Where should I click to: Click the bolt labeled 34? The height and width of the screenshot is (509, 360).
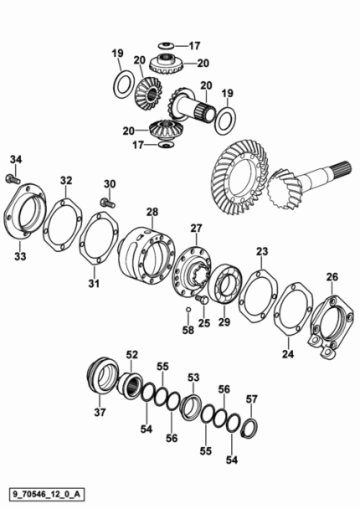pos(13,179)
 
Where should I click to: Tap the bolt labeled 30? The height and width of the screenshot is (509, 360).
pos(108,203)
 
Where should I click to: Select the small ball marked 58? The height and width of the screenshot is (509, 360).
pos(188,310)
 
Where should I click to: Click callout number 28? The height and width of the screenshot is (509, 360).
pos(152,212)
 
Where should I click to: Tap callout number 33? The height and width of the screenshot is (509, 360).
pos(20,256)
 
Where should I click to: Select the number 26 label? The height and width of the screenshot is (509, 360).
pos(332,277)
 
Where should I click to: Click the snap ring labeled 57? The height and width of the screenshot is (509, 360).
pos(250,429)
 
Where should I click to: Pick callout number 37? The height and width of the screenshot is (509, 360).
pos(100,412)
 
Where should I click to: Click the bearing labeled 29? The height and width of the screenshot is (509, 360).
pos(224,284)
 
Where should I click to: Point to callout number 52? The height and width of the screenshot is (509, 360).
pos(132,355)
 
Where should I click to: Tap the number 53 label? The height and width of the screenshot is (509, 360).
pos(193,378)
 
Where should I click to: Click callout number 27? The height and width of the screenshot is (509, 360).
pos(196,229)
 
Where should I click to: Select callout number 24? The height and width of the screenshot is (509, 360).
pos(288,354)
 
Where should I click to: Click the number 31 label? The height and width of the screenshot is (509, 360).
pos(94,284)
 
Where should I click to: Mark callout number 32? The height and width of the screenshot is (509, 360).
pos(66,181)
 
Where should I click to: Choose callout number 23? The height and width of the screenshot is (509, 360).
pos(262,251)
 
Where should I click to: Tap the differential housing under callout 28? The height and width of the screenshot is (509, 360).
pos(146,255)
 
